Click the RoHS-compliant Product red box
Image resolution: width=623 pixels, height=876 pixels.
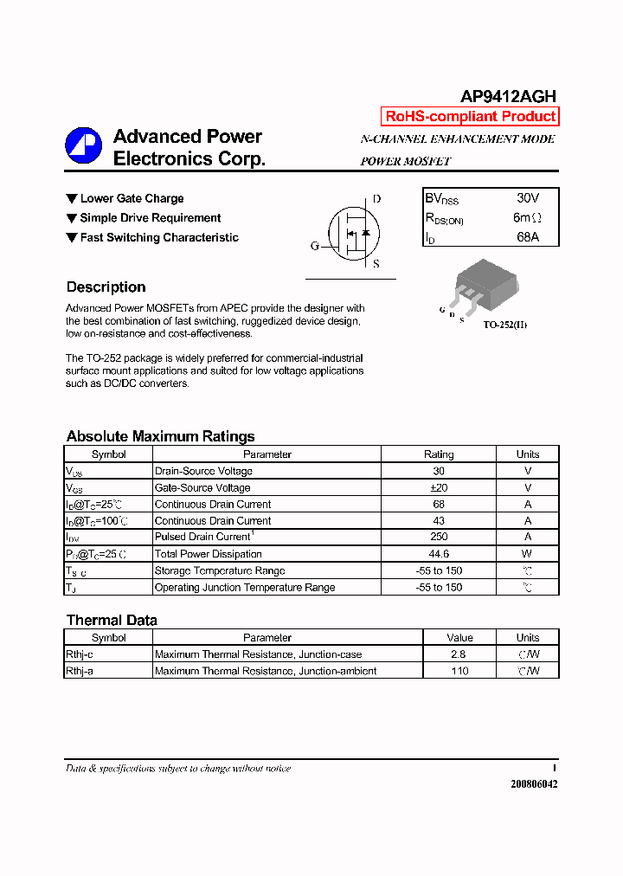click(470, 117)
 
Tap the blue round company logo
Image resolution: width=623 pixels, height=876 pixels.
click(83, 146)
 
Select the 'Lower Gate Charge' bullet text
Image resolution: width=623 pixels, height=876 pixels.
click(132, 198)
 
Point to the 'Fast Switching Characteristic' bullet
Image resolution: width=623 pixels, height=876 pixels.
click(159, 237)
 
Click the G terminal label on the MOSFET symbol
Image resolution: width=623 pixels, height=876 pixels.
click(315, 246)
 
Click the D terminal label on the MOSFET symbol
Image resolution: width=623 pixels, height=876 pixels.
click(376, 199)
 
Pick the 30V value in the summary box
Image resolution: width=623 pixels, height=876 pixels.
click(527, 198)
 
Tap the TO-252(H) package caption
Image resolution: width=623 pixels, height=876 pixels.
click(504, 325)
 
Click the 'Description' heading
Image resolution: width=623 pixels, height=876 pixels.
click(106, 287)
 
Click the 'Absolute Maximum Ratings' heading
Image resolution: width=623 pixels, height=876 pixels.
click(160, 436)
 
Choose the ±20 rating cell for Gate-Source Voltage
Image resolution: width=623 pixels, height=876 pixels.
click(438, 488)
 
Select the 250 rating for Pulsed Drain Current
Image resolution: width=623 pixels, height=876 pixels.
click(438, 538)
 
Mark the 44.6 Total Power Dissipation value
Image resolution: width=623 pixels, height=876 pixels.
click(438, 554)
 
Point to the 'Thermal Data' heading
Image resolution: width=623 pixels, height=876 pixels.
click(112, 620)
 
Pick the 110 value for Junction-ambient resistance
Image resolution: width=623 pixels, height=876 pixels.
click(459, 671)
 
